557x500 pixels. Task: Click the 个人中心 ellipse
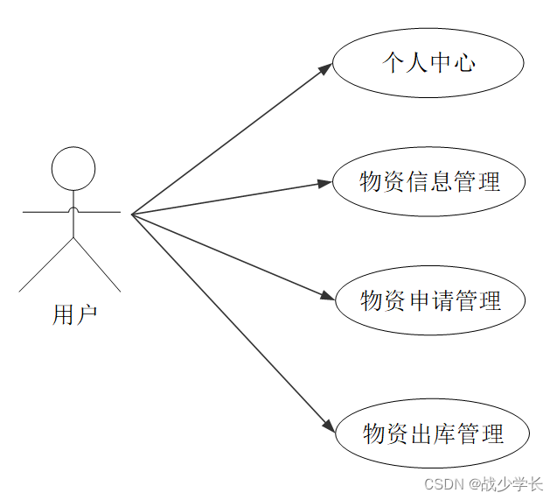click(428, 63)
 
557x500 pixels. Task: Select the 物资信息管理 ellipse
click(429, 182)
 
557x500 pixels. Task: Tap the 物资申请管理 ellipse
click(430, 300)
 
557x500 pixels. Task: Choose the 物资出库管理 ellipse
click(432, 433)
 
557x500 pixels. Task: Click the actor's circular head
click(73, 169)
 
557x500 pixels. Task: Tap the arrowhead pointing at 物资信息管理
click(325, 183)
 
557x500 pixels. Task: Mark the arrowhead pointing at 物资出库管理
click(328, 427)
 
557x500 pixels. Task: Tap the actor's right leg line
click(97, 264)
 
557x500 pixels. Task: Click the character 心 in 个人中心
click(464, 63)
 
